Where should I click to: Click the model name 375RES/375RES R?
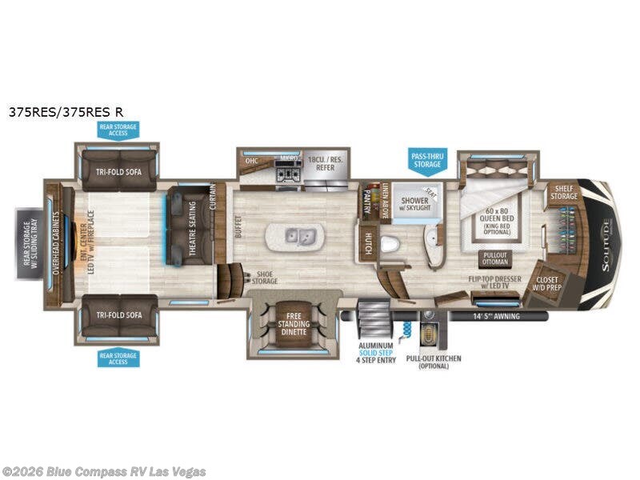coord(66,113)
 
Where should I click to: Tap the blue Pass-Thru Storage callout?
coord(426,159)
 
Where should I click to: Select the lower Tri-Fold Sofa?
coord(118,315)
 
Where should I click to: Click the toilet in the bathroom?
coord(390,243)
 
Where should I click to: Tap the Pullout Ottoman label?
coord(494,258)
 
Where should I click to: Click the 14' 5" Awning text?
coord(496,316)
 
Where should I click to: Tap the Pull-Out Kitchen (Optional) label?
coord(434,363)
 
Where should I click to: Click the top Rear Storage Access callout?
coord(118,130)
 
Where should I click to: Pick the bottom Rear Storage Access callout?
coord(118,358)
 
